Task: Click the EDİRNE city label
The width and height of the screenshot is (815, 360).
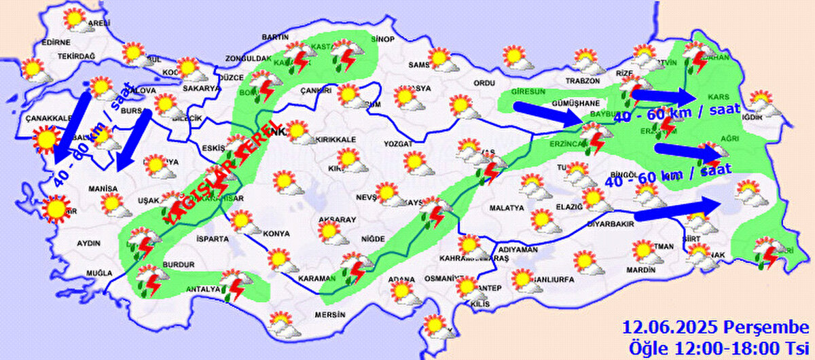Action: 56,42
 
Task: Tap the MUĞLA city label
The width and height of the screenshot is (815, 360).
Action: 98,273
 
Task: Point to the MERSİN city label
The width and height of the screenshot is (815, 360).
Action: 329,315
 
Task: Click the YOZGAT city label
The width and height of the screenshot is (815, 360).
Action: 398,144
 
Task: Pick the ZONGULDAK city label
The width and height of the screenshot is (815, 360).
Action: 249,58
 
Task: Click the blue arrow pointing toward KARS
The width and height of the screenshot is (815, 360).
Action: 661,94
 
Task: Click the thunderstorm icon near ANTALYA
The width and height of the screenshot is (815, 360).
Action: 234,285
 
